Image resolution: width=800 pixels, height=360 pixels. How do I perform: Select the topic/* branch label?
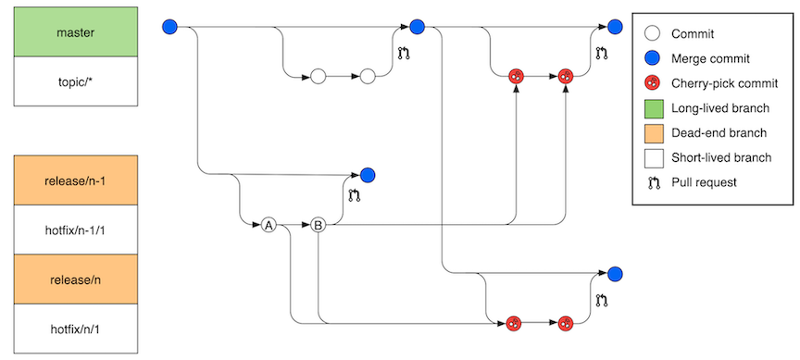[x=75, y=81]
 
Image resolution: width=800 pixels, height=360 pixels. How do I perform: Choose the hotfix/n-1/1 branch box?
[x=75, y=229]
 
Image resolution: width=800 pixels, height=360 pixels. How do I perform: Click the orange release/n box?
[x=75, y=279]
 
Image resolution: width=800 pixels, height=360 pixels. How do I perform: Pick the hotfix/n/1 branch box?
[x=75, y=328]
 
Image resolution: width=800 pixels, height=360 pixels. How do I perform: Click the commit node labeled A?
[x=269, y=225]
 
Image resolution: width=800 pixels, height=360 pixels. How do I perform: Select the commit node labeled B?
[x=318, y=225]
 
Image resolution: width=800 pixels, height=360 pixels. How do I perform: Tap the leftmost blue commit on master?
[x=169, y=28]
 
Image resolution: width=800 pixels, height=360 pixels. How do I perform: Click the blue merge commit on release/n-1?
[x=367, y=174]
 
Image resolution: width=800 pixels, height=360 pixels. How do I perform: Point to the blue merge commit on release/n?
[x=615, y=273]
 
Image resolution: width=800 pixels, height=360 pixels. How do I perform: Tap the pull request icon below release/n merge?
[x=602, y=299]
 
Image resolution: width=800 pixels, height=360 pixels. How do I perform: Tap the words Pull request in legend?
[x=705, y=182]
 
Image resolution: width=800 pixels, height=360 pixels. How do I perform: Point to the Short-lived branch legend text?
[x=721, y=157]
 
